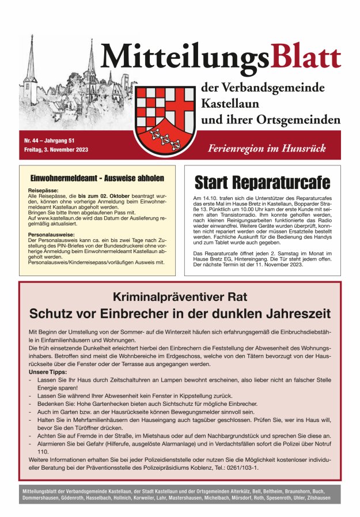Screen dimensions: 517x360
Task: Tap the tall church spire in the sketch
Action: pyautogui.click(x=91, y=61)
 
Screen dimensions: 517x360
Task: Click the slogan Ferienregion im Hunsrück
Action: pyautogui.click(x=267, y=148)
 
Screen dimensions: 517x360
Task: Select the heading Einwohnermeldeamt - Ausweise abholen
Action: pyautogui.click(x=96, y=179)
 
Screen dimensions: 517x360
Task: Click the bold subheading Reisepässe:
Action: pyautogui.click(x=43, y=190)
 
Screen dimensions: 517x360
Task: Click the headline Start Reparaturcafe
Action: pyautogui.click(x=262, y=183)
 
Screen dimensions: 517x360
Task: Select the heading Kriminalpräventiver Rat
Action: pyautogui.click(x=180, y=297)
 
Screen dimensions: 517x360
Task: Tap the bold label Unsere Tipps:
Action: pyautogui.click(x=47, y=372)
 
